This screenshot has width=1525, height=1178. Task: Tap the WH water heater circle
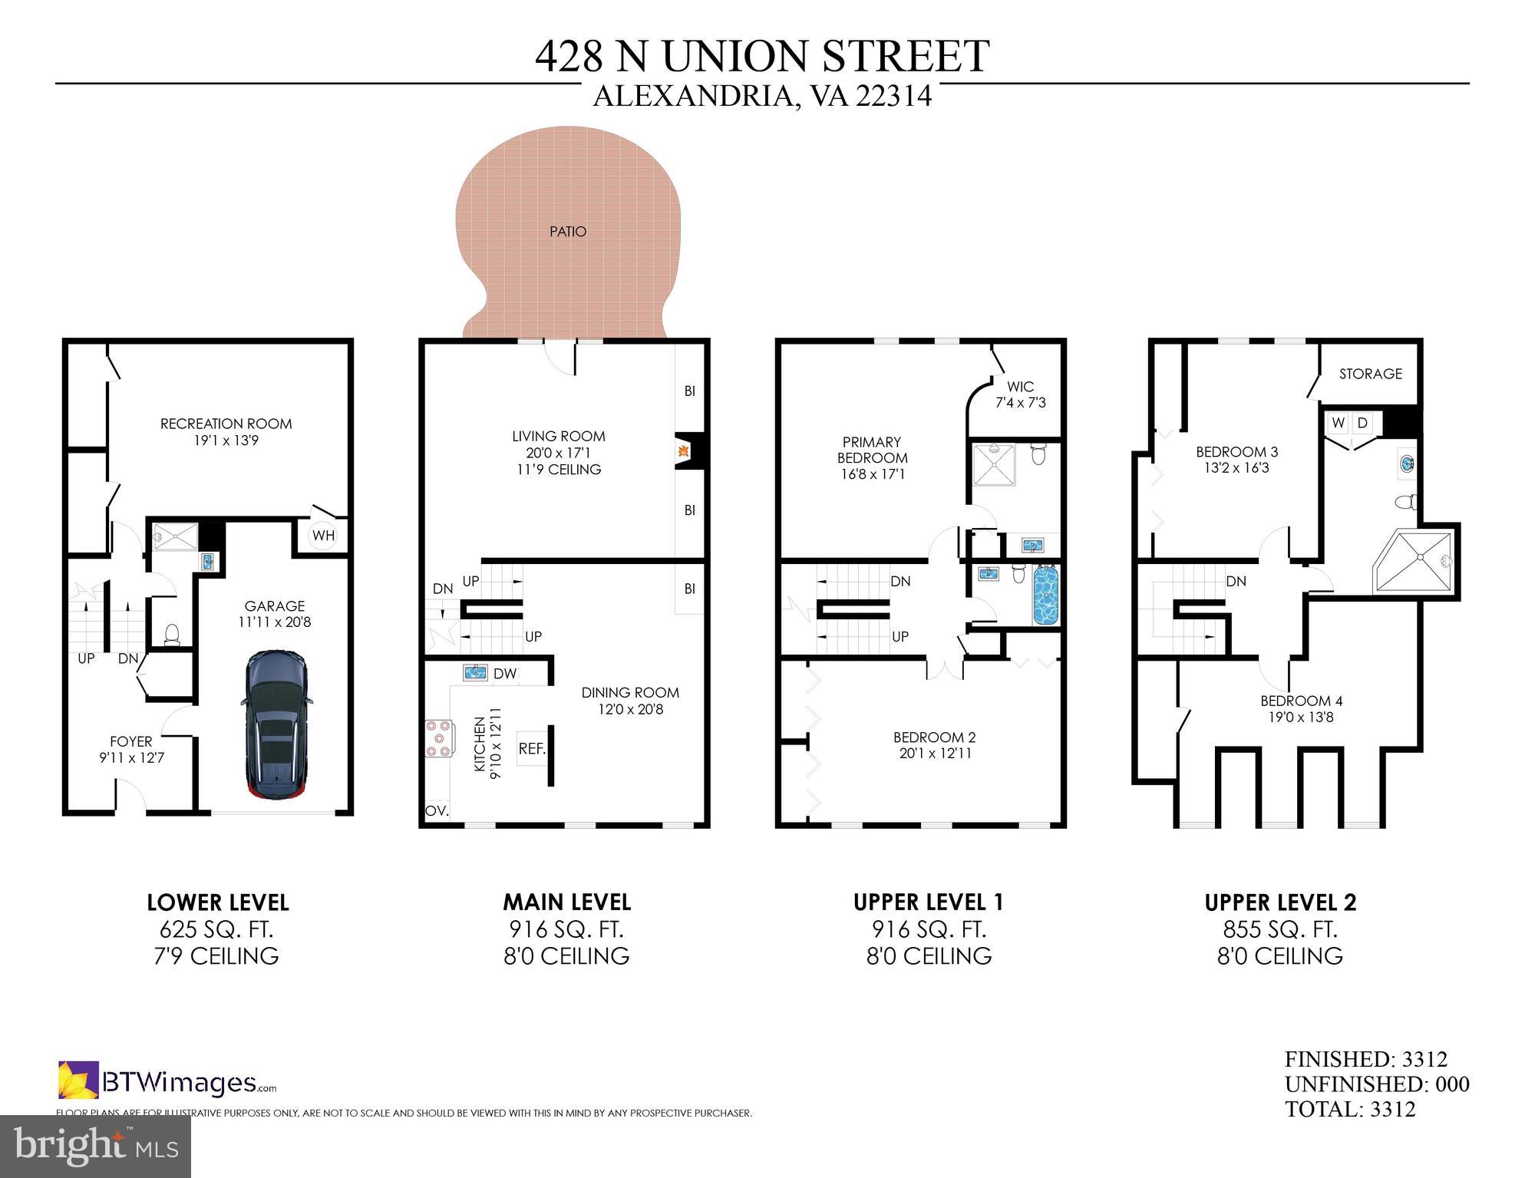click(x=323, y=536)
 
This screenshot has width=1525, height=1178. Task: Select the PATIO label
click(x=568, y=232)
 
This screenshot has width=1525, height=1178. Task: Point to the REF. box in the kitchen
click(x=531, y=748)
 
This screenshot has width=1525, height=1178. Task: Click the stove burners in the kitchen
click(x=438, y=737)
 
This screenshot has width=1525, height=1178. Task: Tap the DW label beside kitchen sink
click(x=505, y=674)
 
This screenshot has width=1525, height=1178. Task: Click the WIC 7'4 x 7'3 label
click(x=1020, y=394)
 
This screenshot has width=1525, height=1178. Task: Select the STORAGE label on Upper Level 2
click(x=1370, y=374)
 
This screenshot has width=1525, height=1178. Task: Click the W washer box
click(x=1338, y=423)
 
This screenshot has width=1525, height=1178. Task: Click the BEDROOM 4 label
click(x=1301, y=708)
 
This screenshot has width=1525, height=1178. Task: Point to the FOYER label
click(x=131, y=749)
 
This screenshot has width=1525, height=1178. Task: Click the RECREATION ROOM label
click(x=226, y=431)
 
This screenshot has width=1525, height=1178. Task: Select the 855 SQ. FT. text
click(x=1279, y=929)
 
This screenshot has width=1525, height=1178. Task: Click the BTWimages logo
click(x=167, y=1081)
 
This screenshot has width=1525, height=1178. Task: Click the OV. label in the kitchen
click(x=437, y=810)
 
